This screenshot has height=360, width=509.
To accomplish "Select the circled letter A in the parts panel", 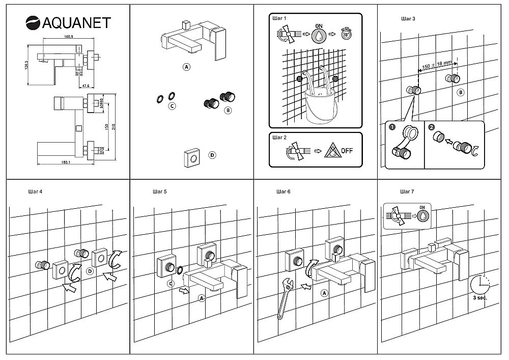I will coord(187,67).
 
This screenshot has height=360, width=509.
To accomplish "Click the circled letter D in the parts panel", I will coord(212,155).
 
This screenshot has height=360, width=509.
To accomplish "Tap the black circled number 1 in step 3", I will coord(392,127).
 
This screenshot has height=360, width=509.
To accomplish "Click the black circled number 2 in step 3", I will coord(432,127).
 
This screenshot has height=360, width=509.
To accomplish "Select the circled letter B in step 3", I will coord(460,93).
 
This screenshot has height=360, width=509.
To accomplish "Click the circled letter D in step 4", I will coord(90,271).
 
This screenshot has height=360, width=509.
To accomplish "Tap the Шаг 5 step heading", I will coord(159,192).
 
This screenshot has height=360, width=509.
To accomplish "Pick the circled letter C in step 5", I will coord(172,283).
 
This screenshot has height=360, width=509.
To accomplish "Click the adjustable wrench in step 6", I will coord(284,300).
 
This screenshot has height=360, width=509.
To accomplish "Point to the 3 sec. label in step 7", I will coord(479,297).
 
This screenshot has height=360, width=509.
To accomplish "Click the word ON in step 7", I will coord(421,207).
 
